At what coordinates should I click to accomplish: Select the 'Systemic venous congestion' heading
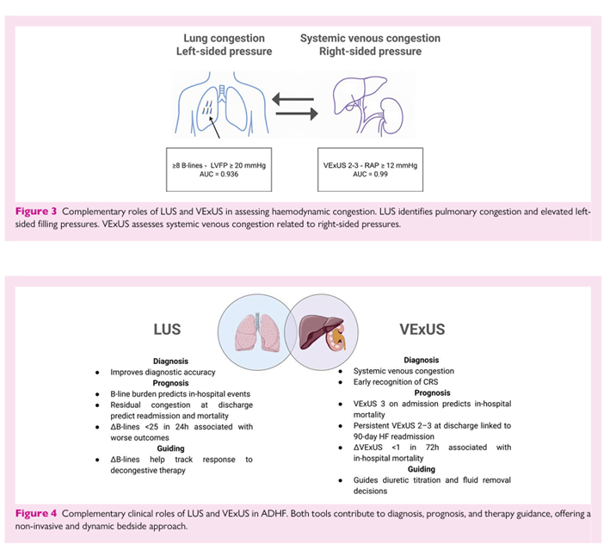[x=370, y=38]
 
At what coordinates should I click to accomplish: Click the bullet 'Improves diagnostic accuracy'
[x=163, y=372]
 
